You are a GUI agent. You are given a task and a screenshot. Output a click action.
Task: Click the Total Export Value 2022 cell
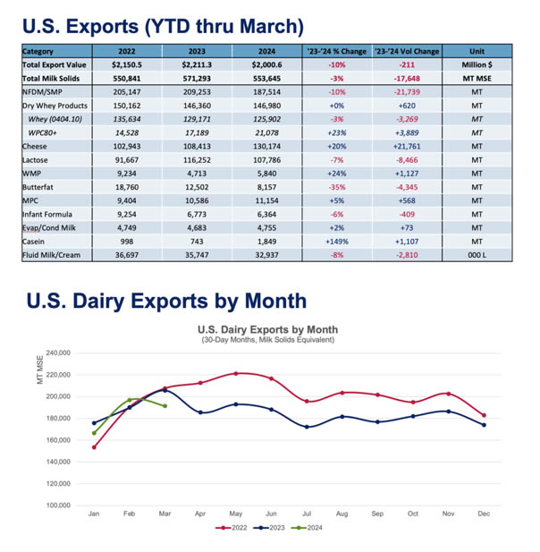[127, 65]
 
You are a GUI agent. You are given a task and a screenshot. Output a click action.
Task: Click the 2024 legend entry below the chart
[310, 528]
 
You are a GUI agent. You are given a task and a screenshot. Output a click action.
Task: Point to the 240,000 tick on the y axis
[57, 353]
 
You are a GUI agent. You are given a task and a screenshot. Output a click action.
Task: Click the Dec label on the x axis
[484, 514]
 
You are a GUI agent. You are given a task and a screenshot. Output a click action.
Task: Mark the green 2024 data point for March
[165, 406]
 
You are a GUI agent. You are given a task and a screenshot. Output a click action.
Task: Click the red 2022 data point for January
[94, 447]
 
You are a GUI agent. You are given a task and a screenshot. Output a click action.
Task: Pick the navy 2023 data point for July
[307, 427]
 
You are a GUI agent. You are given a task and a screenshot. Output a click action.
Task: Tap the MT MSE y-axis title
[39, 369]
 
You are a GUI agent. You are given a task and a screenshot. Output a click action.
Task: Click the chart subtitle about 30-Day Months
[267, 339]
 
